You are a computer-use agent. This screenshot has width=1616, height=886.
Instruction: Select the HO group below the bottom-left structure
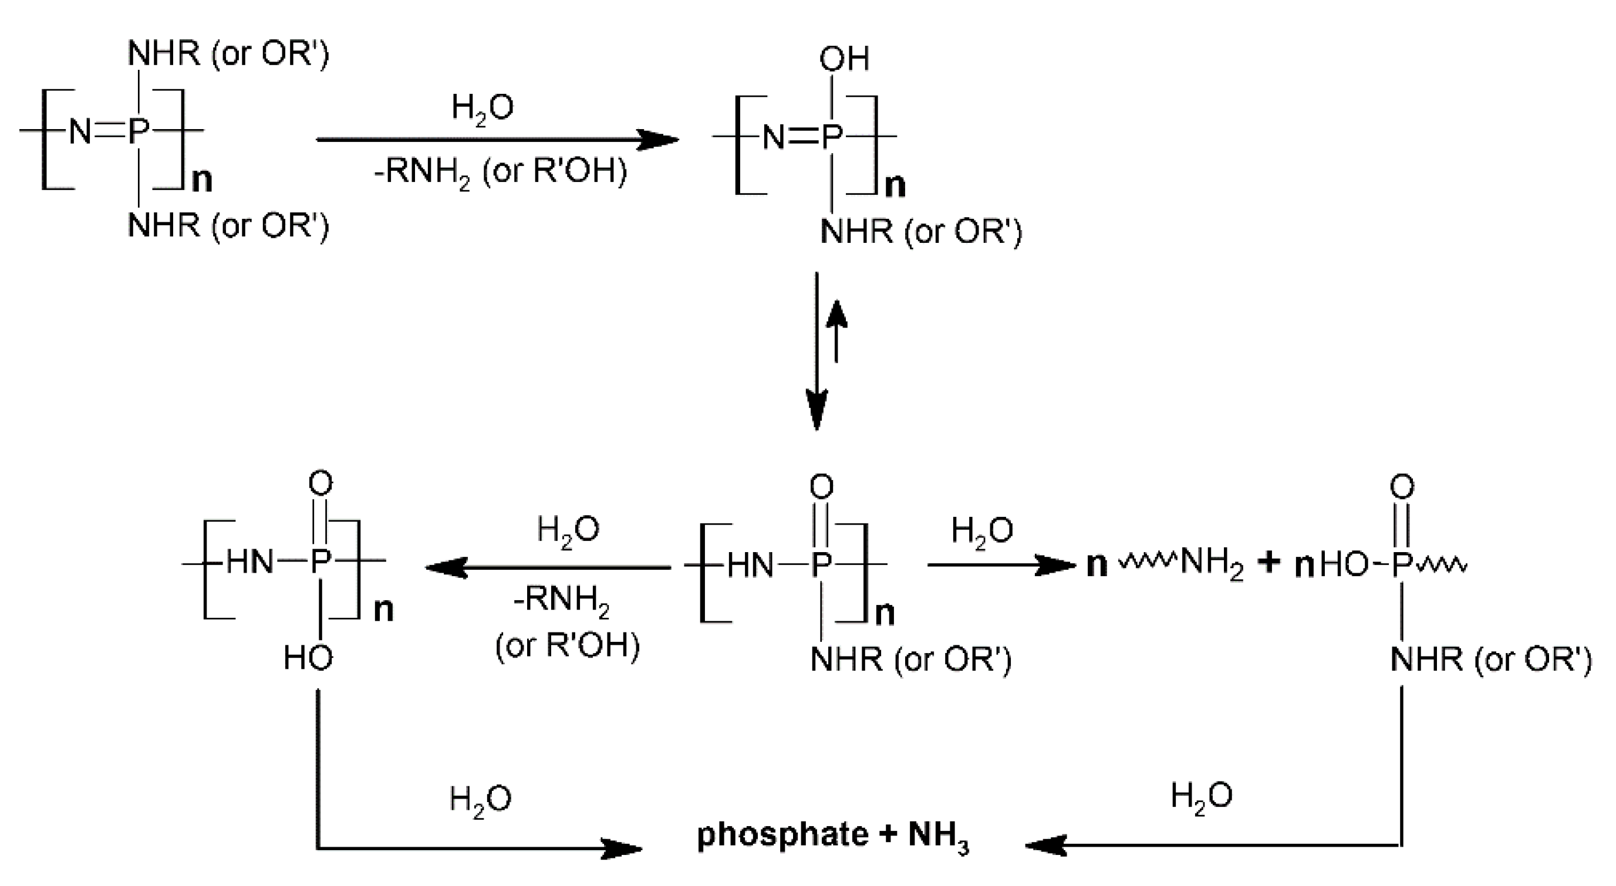tap(308, 658)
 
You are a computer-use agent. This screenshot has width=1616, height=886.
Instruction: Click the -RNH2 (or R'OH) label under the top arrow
tap(500, 171)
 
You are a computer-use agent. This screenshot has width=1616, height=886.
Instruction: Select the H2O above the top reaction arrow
tap(483, 109)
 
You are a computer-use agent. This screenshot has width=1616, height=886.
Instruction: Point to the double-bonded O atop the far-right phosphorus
tap(1402, 486)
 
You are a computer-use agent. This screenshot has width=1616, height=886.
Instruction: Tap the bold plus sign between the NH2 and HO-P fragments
tap(1268, 563)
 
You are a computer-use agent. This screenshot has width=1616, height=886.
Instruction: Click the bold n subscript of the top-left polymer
tap(202, 180)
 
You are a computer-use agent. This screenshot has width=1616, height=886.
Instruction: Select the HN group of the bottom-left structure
tap(249, 562)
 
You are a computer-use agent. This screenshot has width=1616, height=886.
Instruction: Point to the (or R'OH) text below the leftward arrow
tap(568, 645)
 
